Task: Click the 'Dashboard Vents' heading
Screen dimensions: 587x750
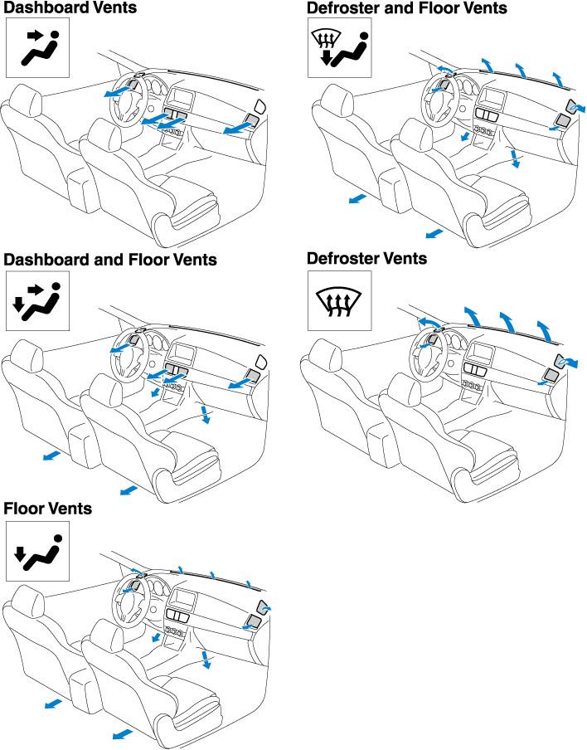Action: point(70,7)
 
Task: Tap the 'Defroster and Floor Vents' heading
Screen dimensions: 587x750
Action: point(407,7)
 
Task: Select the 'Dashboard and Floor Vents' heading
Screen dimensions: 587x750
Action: point(110,259)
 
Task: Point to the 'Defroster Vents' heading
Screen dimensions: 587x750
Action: point(366,258)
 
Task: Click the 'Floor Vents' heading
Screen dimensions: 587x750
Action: point(48,508)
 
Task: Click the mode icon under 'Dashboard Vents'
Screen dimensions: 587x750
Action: point(38,48)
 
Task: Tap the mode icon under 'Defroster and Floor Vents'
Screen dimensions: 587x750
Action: point(339,48)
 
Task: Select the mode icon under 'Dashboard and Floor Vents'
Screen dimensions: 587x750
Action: point(38,301)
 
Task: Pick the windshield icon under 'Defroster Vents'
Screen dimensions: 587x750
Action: point(339,301)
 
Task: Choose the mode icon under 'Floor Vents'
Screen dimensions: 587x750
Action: point(38,551)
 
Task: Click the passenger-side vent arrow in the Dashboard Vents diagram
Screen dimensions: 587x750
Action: point(238,128)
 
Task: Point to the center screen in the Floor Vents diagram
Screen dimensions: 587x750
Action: point(182,597)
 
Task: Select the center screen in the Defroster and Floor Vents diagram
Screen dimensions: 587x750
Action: point(492,99)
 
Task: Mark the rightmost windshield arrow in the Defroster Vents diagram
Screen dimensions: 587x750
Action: point(544,331)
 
